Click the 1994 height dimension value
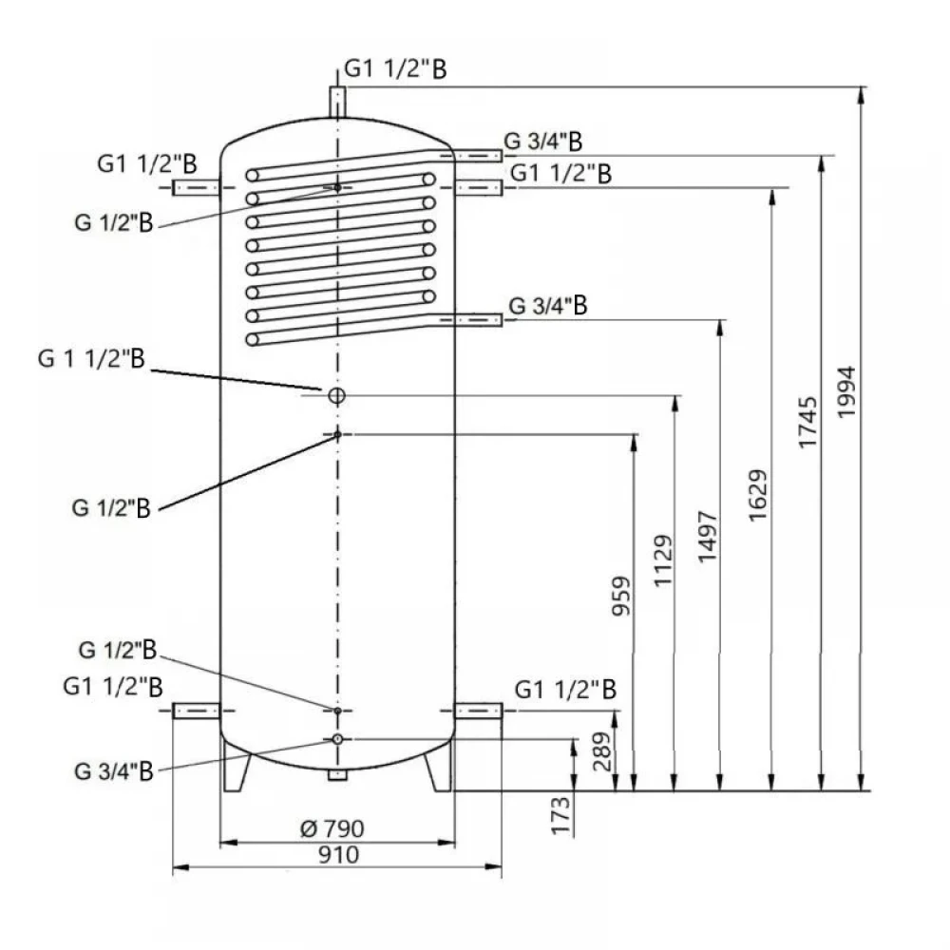pos(845,391)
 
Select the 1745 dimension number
pos(807,423)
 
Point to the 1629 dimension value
pos(757,496)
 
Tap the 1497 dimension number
pos(707,537)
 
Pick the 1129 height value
pos(663,560)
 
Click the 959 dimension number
pos(621,597)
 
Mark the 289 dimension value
pos(601,751)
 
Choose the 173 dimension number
pos(560,815)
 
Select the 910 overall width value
pos(339,855)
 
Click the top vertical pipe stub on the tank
pos(337,102)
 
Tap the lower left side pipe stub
pos(197,711)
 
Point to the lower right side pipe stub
pos(479,711)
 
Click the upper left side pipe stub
pos(197,187)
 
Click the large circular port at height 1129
pos(337,395)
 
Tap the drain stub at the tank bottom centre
pos(337,775)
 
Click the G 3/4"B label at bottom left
pos(114,771)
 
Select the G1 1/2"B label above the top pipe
pos(395,68)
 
